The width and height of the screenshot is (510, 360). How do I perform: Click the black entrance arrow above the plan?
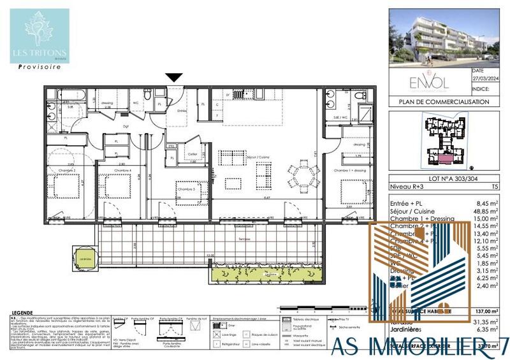point(174,78)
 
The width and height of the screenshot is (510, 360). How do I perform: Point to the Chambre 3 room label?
point(186,189)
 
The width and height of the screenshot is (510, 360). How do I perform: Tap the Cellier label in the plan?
point(193,154)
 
